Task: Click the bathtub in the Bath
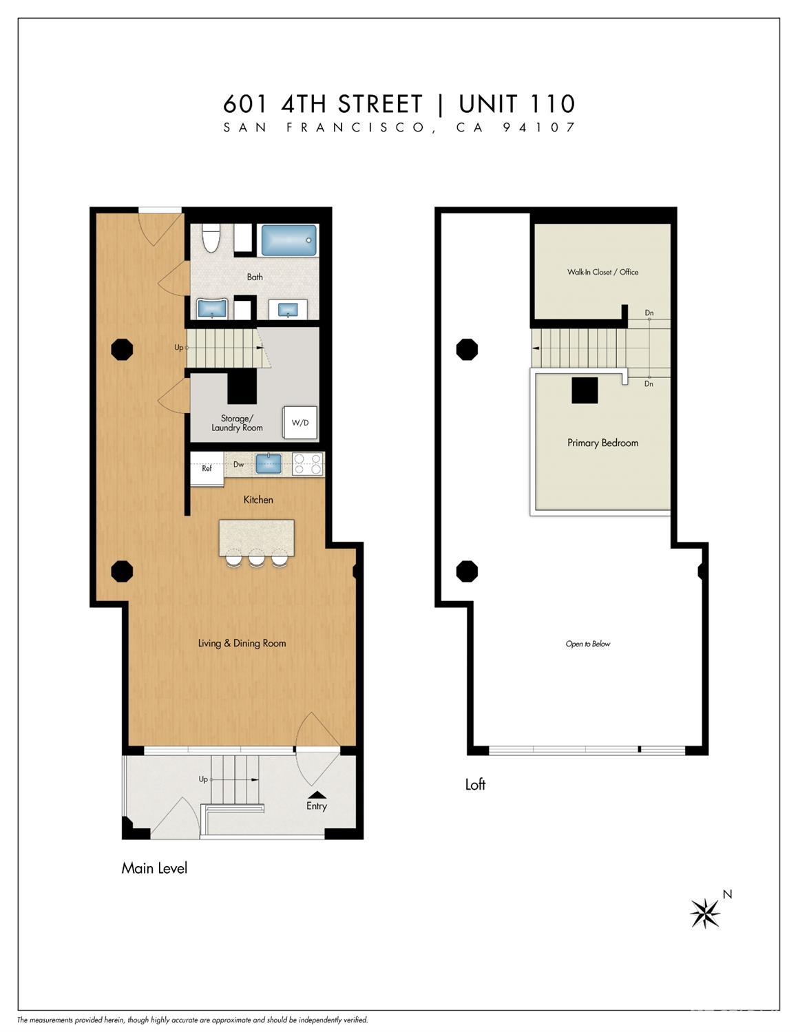click(288, 240)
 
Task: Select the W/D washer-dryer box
click(300, 423)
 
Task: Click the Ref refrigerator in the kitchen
click(207, 469)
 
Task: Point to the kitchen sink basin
click(269, 464)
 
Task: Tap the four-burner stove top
click(307, 464)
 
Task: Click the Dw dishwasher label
click(238, 465)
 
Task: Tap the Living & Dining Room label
click(242, 643)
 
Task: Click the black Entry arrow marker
click(317, 794)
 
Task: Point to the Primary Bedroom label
click(602, 443)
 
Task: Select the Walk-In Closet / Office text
click(602, 272)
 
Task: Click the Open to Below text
click(587, 644)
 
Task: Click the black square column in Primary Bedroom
click(585, 390)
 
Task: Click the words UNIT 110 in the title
click(517, 105)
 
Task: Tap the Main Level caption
click(154, 868)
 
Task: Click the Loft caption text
click(475, 784)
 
